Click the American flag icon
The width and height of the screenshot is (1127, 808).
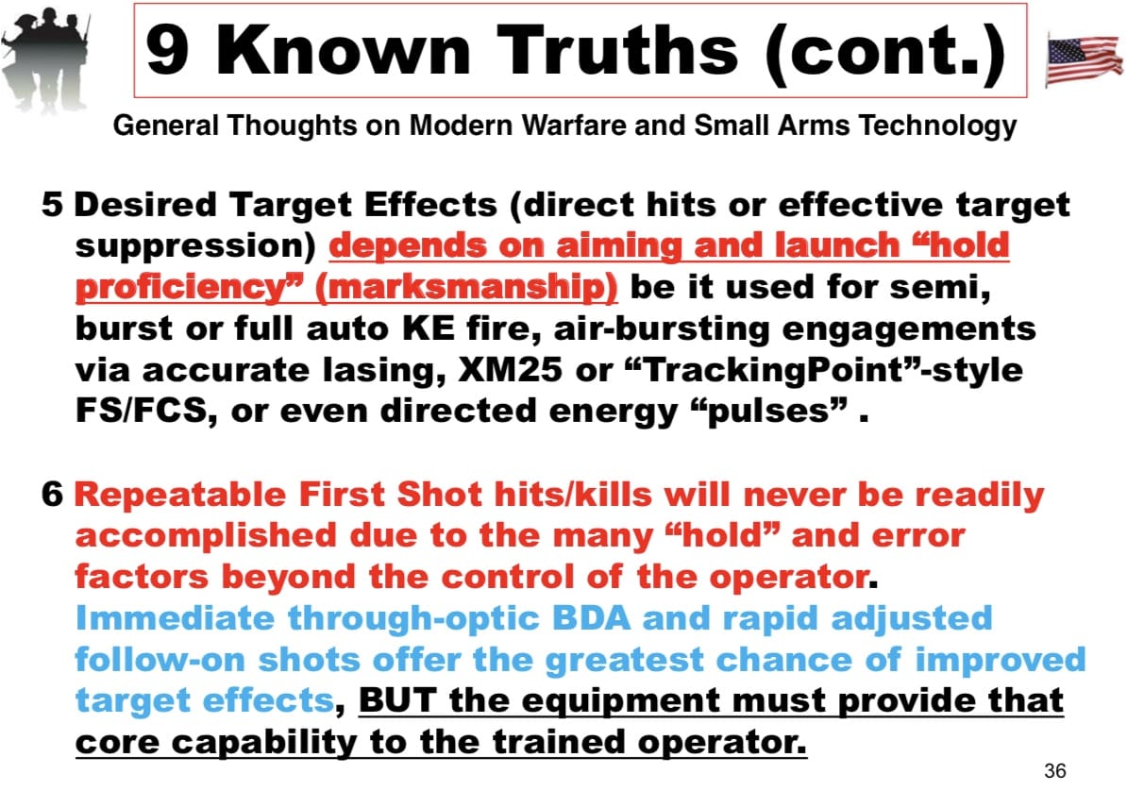pos(1085,59)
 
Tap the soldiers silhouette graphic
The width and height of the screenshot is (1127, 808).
pos(45,59)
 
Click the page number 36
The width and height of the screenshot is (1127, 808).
pos(1055,770)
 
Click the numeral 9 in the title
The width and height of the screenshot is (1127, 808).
pos(167,50)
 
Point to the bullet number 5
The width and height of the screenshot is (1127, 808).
pos(52,205)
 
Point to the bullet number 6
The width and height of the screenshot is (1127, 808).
pos(53,495)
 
